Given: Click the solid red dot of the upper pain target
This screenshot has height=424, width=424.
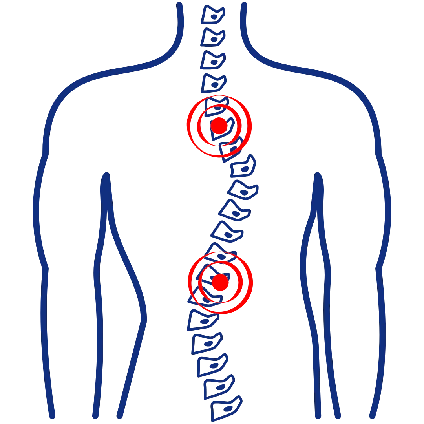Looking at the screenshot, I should click(x=219, y=126).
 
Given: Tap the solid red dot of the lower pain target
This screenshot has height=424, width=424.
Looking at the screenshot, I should click(x=220, y=283).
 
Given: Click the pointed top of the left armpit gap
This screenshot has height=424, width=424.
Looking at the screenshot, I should click(x=106, y=174).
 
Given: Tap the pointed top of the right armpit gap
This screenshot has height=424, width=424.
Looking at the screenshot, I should click(x=318, y=174).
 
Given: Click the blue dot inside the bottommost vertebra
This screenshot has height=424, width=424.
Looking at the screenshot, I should click(x=228, y=410).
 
